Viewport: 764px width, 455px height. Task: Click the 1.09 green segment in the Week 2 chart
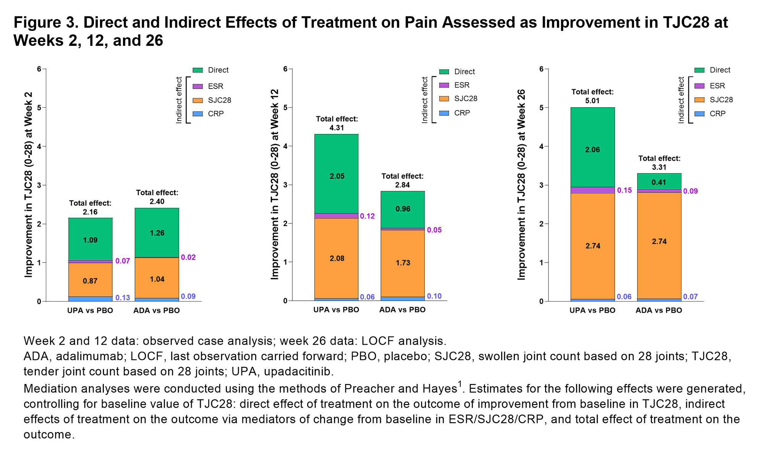click(90, 240)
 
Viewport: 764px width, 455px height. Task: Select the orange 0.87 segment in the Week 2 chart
click(90, 281)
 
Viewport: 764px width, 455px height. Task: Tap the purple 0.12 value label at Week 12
click(367, 216)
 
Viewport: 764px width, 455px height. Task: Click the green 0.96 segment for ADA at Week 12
click(403, 209)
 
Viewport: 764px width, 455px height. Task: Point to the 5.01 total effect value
click(592, 101)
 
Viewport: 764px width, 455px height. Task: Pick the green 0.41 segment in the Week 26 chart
click(659, 182)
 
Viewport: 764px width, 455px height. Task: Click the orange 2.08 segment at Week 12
click(337, 258)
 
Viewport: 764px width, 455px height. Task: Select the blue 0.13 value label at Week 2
click(123, 298)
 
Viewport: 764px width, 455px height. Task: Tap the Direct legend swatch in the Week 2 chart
click(197, 70)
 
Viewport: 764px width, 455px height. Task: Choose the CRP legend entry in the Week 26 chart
click(717, 114)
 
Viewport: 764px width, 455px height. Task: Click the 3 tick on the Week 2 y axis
click(39, 185)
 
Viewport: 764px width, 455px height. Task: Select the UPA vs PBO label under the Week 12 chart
click(336, 310)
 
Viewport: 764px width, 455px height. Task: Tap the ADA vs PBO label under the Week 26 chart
click(659, 310)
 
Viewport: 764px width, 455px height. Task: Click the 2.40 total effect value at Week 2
click(157, 202)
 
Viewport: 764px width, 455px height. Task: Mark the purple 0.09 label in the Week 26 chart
click(690, 191)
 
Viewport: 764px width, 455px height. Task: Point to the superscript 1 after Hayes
click(460, 384)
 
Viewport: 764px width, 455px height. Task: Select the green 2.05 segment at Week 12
click(337, 176)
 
